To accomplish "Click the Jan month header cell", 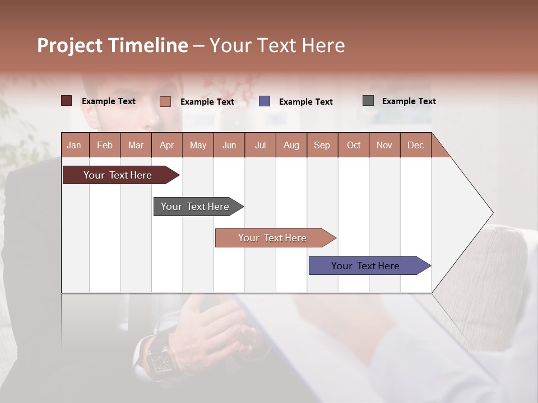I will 75,145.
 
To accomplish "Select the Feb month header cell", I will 105,145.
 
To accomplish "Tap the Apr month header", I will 167,145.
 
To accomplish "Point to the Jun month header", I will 229,145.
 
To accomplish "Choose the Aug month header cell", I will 291,145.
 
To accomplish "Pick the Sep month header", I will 322,145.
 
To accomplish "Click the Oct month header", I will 354,145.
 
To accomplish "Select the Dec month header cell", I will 416,145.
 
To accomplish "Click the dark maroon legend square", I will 66,101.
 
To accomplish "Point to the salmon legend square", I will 165,101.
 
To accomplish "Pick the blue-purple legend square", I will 265,101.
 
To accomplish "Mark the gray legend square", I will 368,101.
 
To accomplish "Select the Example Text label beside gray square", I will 409,101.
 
